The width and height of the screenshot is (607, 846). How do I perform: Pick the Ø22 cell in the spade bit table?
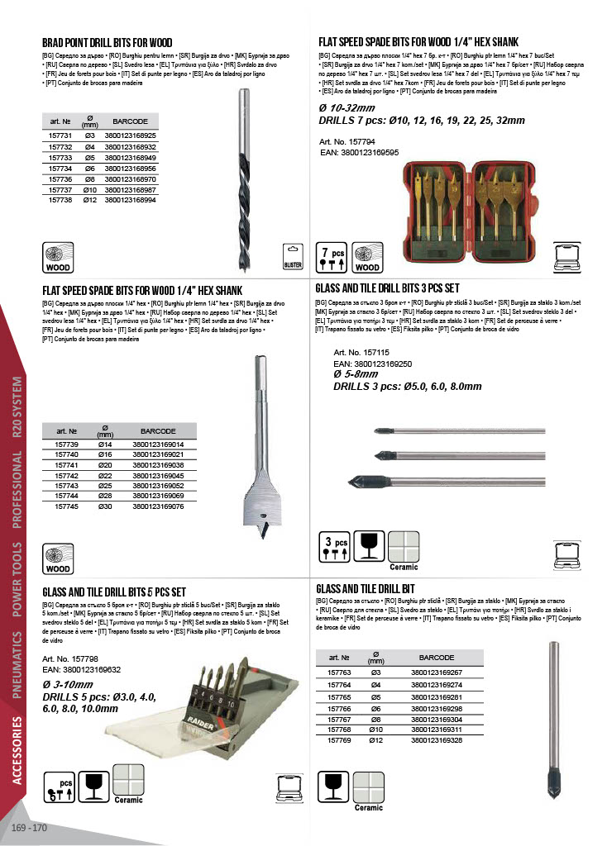105,476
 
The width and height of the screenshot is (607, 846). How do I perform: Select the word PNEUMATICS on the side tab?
17,664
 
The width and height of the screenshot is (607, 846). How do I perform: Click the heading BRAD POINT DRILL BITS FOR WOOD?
108,43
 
